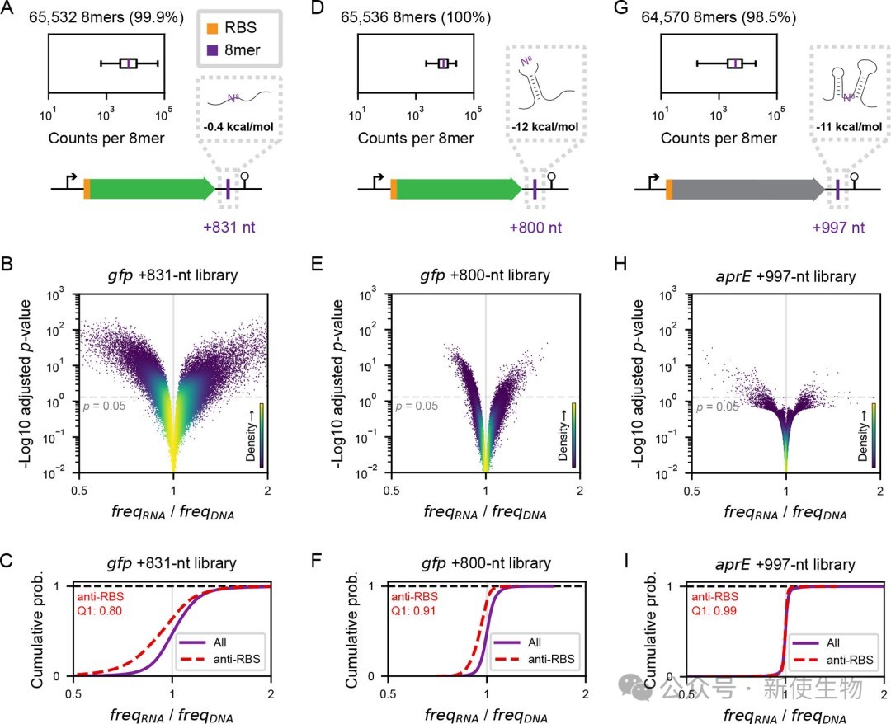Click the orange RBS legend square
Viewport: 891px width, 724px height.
[212, 28]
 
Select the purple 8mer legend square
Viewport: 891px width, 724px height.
[212, 50]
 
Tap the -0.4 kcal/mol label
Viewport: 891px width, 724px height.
[238, 126]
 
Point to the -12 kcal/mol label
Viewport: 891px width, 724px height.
[545, 127]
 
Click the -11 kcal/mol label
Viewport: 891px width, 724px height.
[849, 127]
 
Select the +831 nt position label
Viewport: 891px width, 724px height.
[229, 227]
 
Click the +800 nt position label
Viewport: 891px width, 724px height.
[535, 228]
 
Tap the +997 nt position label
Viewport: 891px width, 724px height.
[838, 228]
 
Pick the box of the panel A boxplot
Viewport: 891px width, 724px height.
[129, 63]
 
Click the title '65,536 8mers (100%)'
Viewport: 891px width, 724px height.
[416, 17]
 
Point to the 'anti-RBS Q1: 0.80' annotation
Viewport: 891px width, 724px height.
[100, 604]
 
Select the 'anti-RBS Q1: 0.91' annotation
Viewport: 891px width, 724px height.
[414, 604]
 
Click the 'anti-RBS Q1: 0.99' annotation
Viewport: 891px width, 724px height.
[714, 604]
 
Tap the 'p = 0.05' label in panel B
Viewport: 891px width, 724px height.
[105, 406]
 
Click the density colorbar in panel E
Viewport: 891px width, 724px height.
[574, 435]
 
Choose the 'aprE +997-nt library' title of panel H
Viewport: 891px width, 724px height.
[786, 276]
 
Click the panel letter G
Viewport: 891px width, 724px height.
[621, 8]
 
